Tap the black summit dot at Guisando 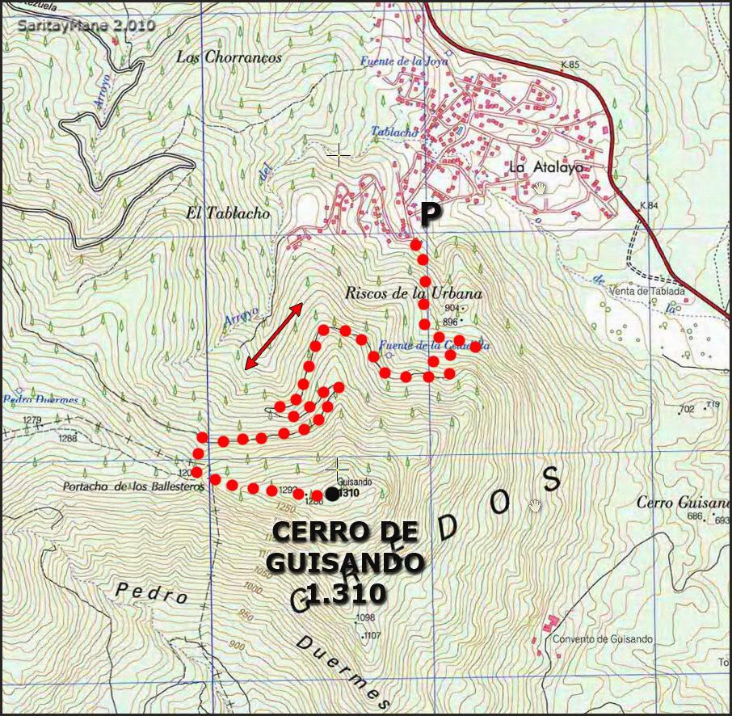tap(332, 494)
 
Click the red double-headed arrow tap(274, 336)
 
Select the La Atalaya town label tap(545, 168)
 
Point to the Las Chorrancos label tap(229, 57)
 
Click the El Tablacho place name tap(228, 214)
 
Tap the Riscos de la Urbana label tap(413, 293)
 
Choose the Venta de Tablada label tap(650, 292)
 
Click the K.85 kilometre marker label tap(570, 65)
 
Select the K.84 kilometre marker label tap(649, 206)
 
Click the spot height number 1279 tap(32, 420)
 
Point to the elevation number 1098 tap(366, 618)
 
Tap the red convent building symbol tap(549, 624)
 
